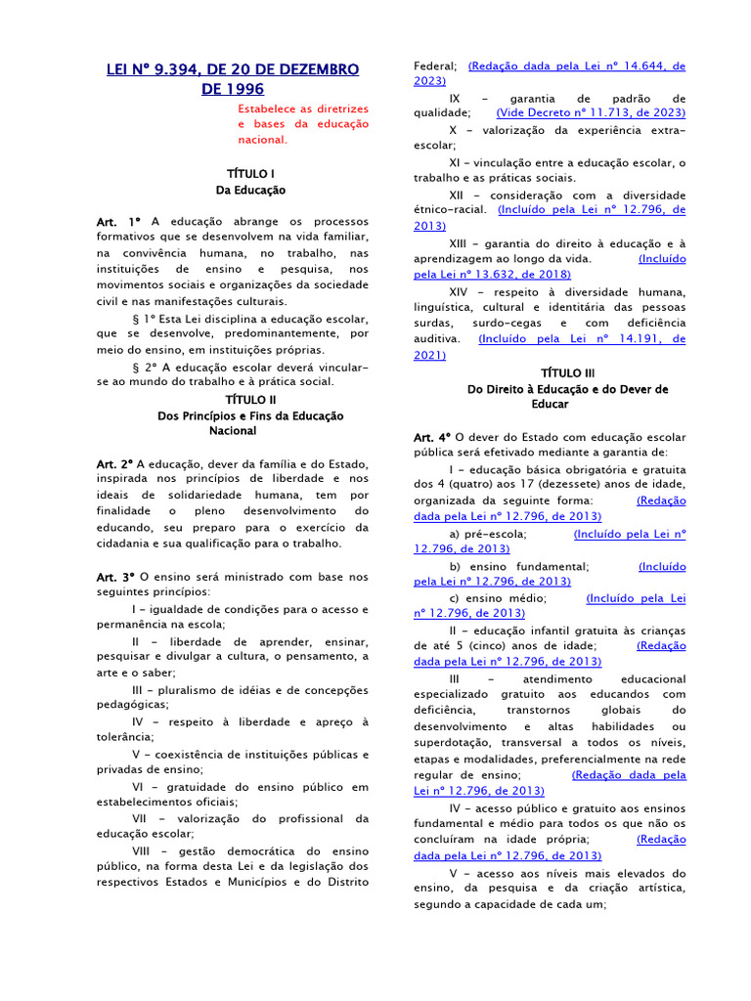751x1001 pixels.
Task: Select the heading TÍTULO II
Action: click(251, 399)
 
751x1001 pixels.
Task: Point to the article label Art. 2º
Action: click(114, 462)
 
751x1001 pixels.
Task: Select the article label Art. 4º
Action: click(431, 437)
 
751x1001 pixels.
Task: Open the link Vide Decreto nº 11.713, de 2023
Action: click(591, 113)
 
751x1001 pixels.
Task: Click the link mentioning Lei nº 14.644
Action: click(577, 66)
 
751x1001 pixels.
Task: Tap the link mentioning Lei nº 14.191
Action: click(581, 339)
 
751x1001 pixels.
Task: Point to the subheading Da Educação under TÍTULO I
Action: click(250, 190)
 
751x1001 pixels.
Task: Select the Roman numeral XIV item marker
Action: click(459, 291)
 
